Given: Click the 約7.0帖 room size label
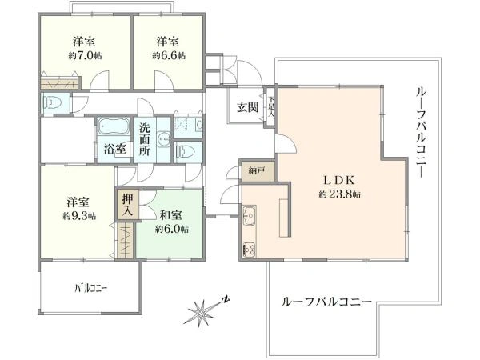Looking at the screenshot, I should [x=85, y=56].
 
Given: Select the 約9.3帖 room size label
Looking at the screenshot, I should [x=80, y=216].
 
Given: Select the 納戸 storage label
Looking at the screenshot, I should [x=256, y=170].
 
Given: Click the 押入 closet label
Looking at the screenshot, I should [x=127, y=205].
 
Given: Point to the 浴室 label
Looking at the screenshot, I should [x=114, y=149].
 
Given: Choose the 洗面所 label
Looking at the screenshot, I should [x=144, y=138].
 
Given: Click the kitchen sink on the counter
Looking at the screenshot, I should [x=249, y=215].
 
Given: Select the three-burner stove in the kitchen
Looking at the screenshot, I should [x=249, y=249].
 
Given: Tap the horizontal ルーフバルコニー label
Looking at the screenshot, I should [x=326, y=302].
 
